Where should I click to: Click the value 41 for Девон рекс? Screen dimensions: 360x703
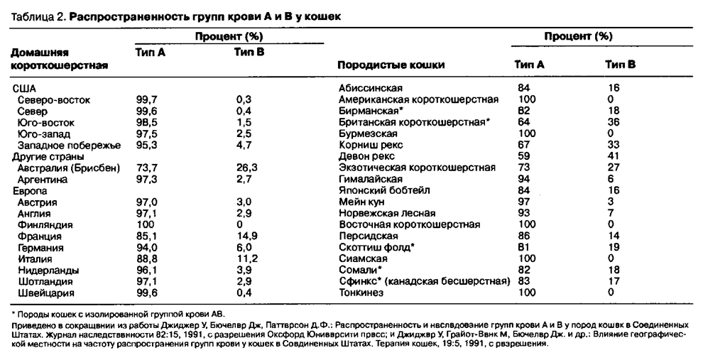[613, 156]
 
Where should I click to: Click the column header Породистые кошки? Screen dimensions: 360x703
[391, 65]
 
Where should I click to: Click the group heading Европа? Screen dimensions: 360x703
[29, 191]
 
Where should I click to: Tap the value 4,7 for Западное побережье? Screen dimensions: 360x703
[244, 145]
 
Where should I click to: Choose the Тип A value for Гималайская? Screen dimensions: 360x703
[525, 180]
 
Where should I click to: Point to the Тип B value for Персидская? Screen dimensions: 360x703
[613, 236]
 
